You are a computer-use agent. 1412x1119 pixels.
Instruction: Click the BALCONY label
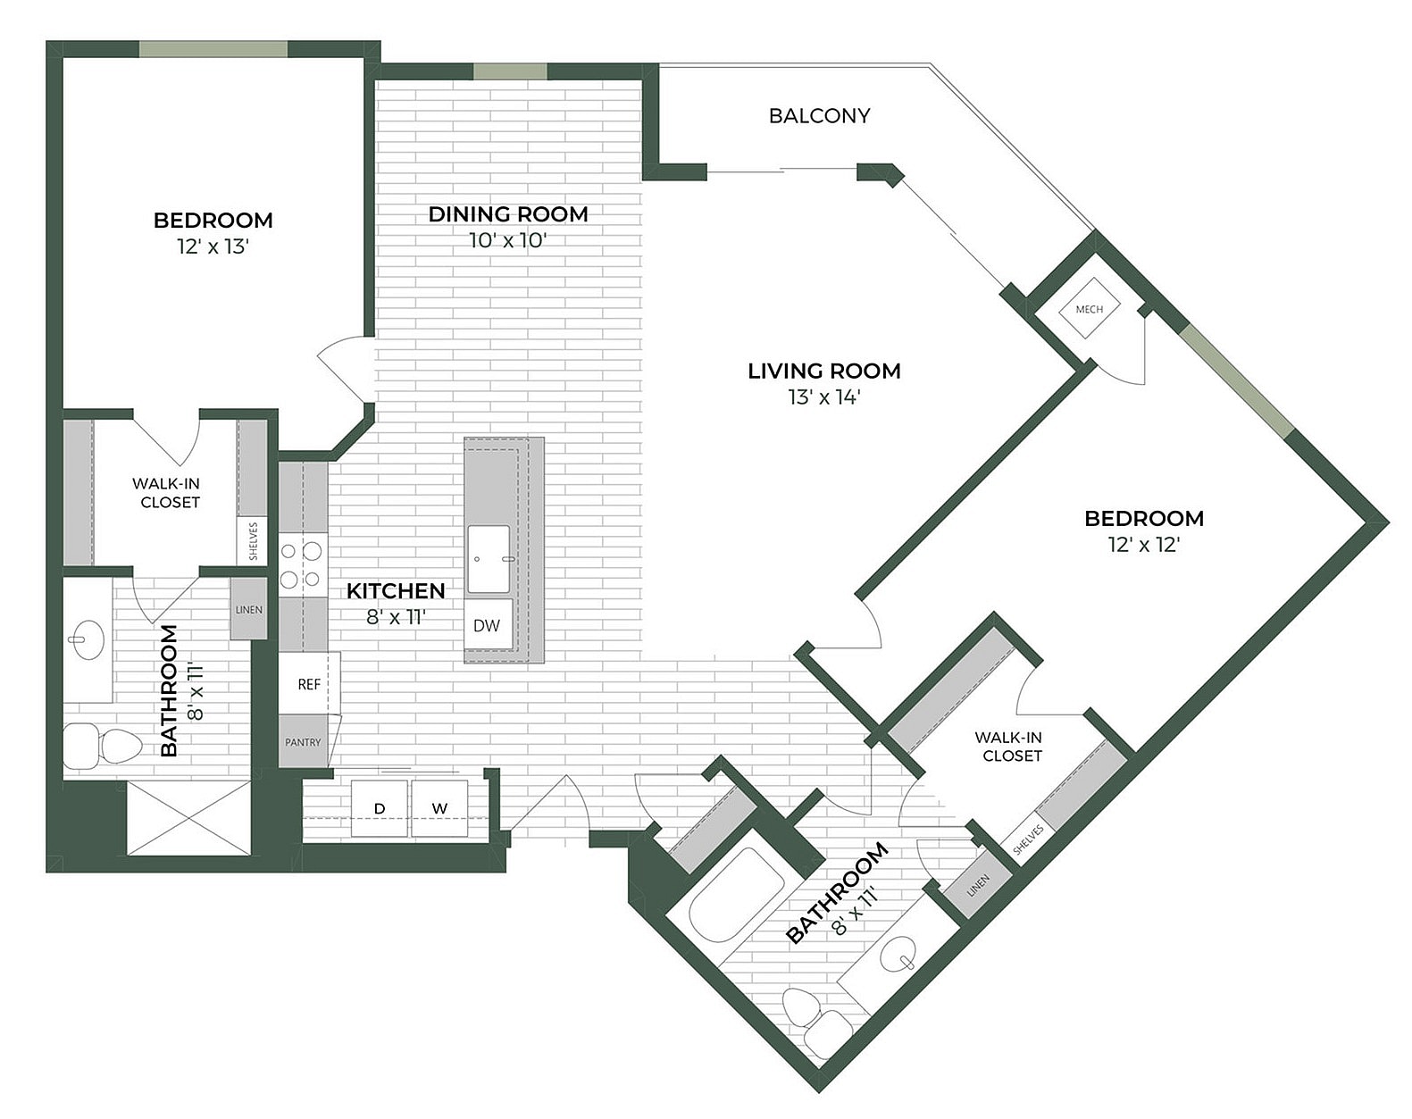point(819,116)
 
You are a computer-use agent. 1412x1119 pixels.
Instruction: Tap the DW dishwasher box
point(488,625)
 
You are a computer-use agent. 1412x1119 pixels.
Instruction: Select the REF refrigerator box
point(309,684)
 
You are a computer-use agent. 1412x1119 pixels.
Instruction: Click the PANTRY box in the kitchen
point(303,741)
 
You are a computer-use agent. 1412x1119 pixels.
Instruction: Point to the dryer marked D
point(380,808)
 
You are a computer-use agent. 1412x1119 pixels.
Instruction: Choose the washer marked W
point(439,808)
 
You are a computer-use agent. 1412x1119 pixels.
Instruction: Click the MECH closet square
point(1089,309)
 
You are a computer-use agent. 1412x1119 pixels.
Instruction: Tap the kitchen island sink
point(489,559)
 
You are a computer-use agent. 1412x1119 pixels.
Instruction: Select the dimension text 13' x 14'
point(823,397)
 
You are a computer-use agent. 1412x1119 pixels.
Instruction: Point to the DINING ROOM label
point(508,214)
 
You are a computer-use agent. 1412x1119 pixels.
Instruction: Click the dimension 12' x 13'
point(213,246)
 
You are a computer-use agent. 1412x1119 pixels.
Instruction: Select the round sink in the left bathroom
point(88,640)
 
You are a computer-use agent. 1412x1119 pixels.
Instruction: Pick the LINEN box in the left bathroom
point(249,609)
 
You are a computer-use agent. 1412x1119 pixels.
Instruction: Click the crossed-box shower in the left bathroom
point(188,818)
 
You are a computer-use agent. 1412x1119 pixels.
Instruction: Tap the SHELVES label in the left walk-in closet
point(253,541)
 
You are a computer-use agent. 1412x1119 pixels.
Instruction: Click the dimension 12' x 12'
point(1144,545)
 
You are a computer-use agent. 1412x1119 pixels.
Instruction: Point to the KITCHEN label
point(396,590)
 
